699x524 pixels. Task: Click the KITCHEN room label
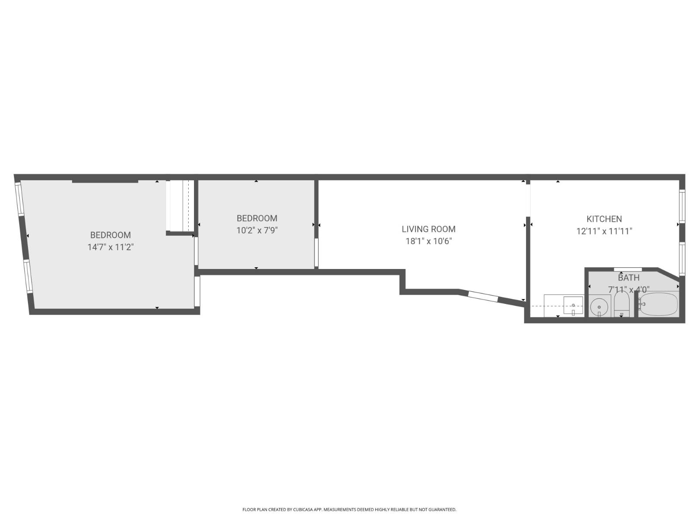click(x=604, y=219)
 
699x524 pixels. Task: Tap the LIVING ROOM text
click(x=428, y=229)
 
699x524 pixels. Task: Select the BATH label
click(x=628, y=278)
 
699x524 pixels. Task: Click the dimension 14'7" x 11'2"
click(x=110, y=247)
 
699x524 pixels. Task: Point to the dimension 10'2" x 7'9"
click(x=257, y=230)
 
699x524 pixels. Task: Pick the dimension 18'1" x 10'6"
click(x=428, y=241)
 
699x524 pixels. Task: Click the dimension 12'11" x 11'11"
click(x=604, y=231)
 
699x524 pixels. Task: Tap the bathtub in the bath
click(x=659, y=304)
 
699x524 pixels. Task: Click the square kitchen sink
click(x=573, y=304)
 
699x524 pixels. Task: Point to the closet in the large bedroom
click(x=180, y=205)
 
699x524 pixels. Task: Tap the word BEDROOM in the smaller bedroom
click(x=257, y=218)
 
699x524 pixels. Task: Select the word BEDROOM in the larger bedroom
click(x=110, y=235)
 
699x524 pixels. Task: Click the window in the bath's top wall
click(x=627, y=269)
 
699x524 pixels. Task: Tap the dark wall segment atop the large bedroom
click(x=105, y=180)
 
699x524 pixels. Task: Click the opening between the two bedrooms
click(x=197, y=251)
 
